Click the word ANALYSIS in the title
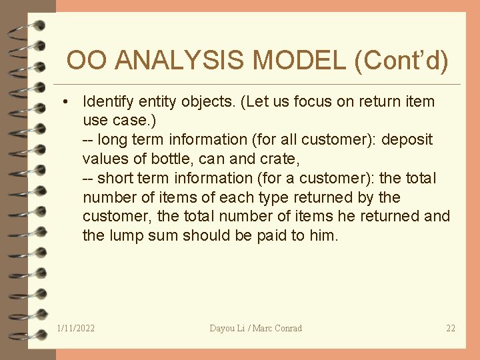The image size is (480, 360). point(181,61)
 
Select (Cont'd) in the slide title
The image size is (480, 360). point(402,61)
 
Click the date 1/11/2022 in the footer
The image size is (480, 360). point(76,328)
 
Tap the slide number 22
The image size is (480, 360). point(451,328)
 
